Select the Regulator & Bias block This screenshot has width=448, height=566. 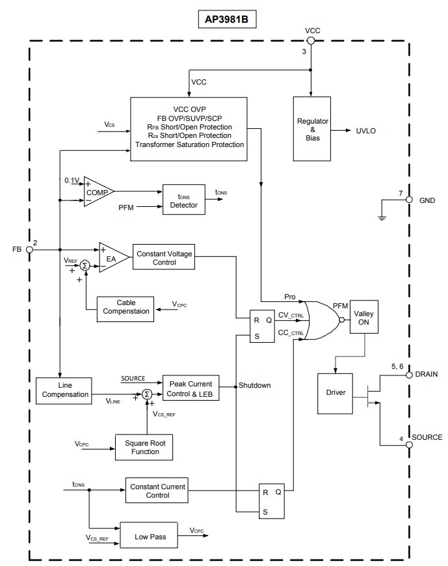point(312,128)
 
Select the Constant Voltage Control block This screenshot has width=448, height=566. point(163,258)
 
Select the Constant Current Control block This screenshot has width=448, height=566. point(157,491)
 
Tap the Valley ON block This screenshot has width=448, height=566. point(363,317)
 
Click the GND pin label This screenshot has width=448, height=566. point(427,200)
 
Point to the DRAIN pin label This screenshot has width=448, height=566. point(427,375)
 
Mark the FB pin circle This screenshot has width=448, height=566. point(30,249)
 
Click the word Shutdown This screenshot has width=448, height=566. point(255,385)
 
